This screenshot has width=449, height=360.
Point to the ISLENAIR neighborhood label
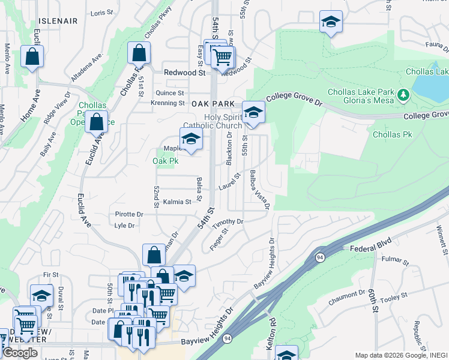[x=56, y=21]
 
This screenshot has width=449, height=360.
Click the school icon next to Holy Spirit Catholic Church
[x=253, y=112]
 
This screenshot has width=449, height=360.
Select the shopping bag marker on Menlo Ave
[x=32, y=57]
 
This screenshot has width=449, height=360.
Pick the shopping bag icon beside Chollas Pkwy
[x=139, y=53]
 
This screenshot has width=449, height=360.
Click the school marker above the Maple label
[x=191, y=139]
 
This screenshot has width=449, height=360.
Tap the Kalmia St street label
[x=176, y=202]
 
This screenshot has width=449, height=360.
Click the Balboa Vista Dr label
[x=259, y=190]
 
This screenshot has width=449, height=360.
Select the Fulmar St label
[x=395, y=262]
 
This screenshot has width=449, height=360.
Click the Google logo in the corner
[x=20, y=353]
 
